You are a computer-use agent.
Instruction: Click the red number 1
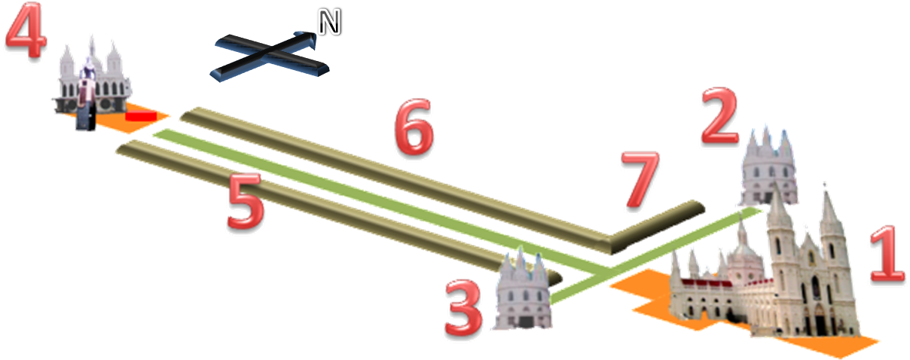tap(888, 255)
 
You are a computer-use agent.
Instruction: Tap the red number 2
tap(720, 115)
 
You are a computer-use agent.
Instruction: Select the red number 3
tap(464, 307)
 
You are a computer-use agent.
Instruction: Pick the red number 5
tap(246, 200)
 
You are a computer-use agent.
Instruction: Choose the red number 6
tap(414, 127)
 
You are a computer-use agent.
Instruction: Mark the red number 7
tap(640, 179)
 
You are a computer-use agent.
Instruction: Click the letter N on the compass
tap(329, 23)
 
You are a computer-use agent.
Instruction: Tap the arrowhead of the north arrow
tap(307, 39)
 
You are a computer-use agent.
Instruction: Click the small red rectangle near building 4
tap(141, 116)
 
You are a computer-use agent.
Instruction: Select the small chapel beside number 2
tap(768, 167)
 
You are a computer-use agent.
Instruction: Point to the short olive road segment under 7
tap(656, 227)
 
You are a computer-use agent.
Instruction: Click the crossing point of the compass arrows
tap(269, 52)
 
